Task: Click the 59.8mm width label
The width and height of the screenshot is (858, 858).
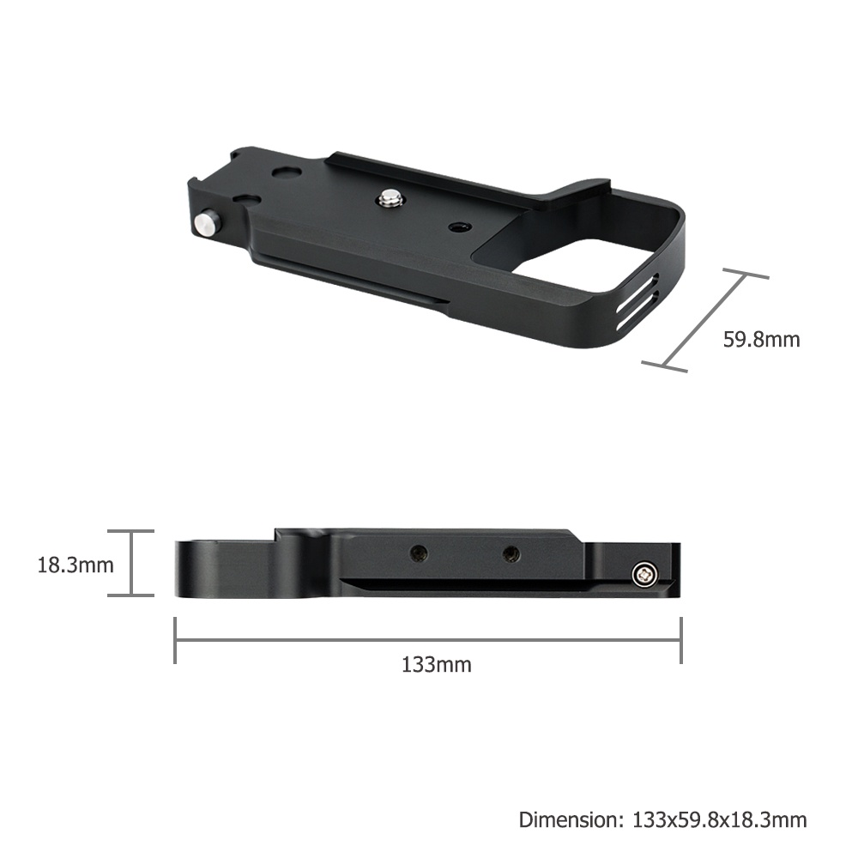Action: pyautogui.click(x=761, y=339)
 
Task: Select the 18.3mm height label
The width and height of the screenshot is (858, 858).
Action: pyautogui.click(x=76, y=565)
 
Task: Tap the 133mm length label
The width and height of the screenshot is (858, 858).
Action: pyautogui.click(x=436, y=664)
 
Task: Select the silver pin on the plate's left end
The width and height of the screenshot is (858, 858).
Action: pyautogui.click(x=207, y=224)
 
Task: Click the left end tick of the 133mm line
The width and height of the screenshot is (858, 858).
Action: pyautogui.click(x=175, y=640)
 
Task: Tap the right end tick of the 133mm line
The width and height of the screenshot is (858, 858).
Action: pyautogui.click(x=681, y=640)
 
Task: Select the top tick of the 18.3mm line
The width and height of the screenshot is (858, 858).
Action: pyautogui.click(x=130, y=531)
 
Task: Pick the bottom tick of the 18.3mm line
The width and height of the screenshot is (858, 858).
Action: pyautogui.click(x=130, y=595)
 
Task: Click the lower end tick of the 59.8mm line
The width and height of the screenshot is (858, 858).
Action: pyautogui.click(x=664, y=367)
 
